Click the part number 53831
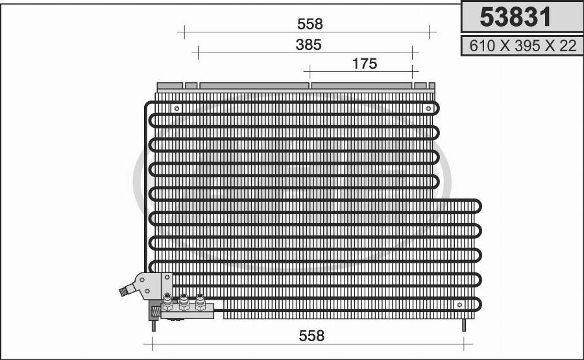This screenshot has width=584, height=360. tap(515, 17)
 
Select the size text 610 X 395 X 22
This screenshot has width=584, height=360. tap(522, 46)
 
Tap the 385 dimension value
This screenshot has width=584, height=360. tap(308, 45)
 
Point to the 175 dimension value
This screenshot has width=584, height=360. tap(365, 64)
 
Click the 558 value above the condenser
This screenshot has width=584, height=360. tap(310, 24)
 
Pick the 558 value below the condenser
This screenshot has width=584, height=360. tap(311, 336)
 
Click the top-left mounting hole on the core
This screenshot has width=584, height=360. tap(177, 109)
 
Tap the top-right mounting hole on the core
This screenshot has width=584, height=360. tap(428, 108)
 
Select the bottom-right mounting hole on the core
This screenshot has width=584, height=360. tap(459, 304)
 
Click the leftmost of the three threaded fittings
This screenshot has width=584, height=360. tap(167, 302)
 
